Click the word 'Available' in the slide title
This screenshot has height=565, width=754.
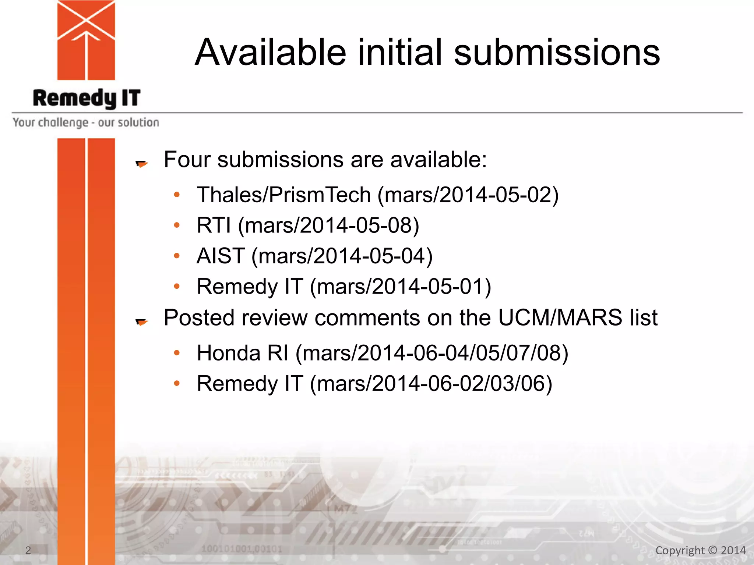coord(271,53)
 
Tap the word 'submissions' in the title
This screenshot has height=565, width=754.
coord(557,53)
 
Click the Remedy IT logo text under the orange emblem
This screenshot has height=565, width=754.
coord(87,98)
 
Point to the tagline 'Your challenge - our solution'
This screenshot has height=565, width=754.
coord(86,122)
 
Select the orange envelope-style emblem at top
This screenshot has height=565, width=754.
coord(86,40)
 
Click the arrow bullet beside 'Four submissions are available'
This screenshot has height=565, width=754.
coord(142,164)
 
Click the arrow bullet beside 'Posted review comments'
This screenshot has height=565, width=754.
coord(142,322)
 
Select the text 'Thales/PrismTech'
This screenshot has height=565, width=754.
coord(283,195)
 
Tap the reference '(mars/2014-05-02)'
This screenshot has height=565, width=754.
coord(468,195)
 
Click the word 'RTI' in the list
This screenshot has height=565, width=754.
coord(214,225)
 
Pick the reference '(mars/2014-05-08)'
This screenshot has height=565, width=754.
coord(328,225)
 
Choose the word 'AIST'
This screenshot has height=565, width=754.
coord(221,256)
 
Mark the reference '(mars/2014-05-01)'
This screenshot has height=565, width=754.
coord(401,287)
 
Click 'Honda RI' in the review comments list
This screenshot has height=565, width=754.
coord(243,353)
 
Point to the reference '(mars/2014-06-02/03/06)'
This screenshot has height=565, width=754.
coord(431,384)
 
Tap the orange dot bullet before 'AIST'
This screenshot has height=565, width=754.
coord(177,256)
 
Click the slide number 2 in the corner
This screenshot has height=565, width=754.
coord(28,550)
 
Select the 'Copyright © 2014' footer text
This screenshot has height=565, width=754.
coord(701,550)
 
